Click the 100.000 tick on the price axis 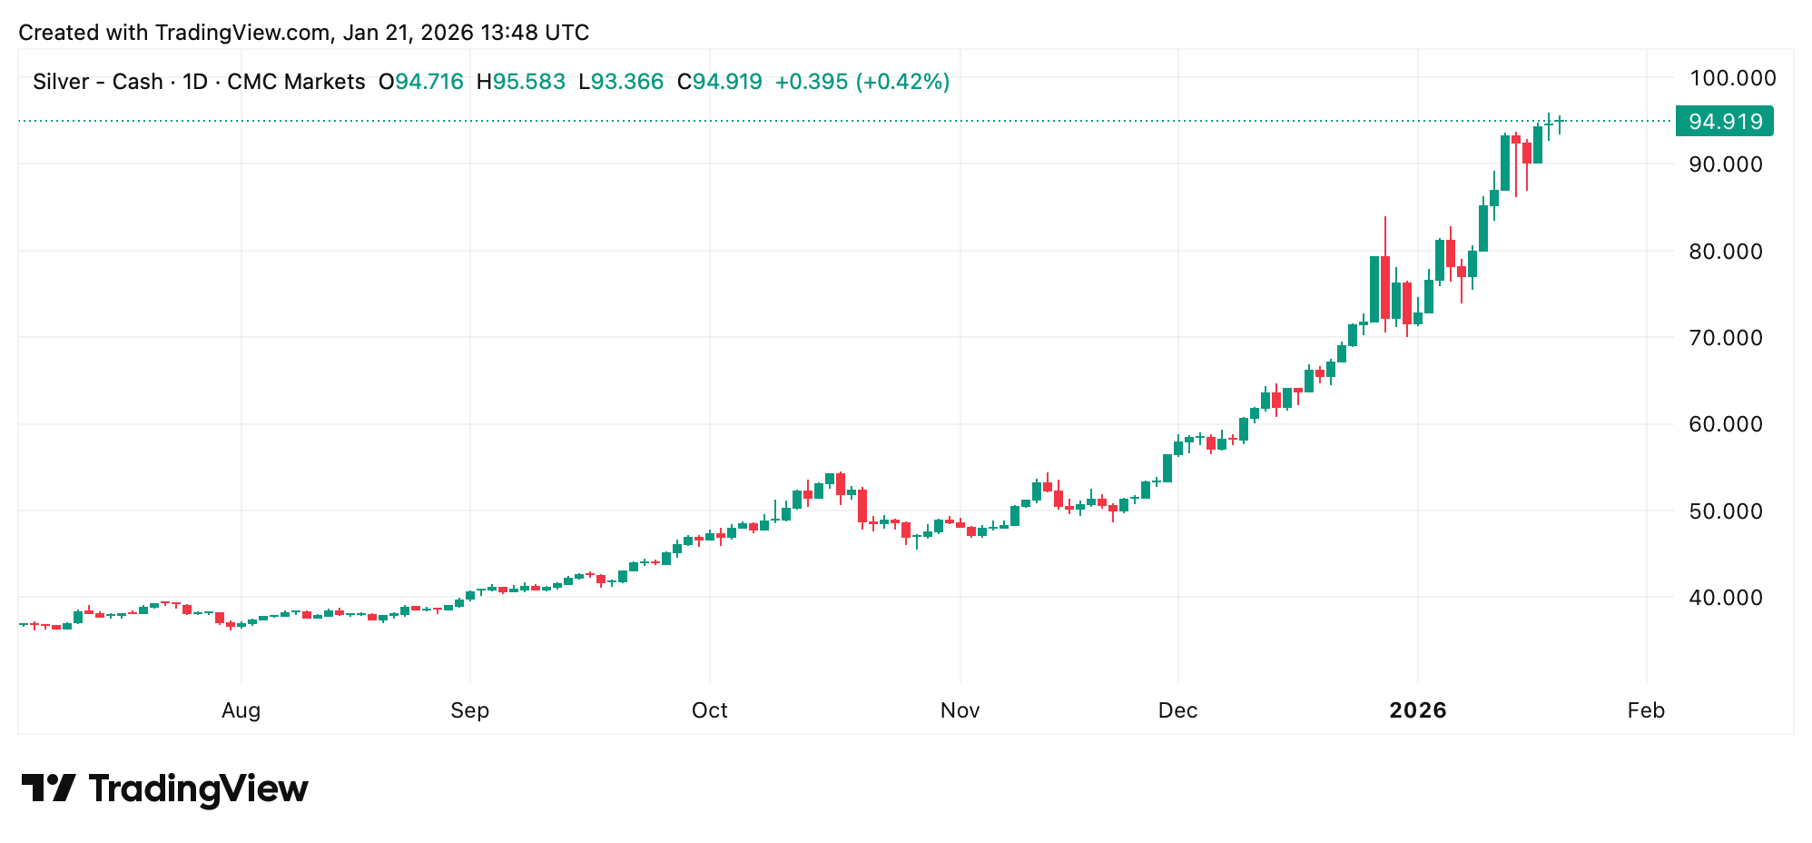[1731, 78]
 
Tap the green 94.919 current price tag [1724, 121]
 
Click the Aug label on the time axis [241, 710]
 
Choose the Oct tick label [709, 710]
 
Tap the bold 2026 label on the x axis [1418, 710]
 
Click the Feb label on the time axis [1646, 710]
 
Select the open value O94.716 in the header [421, 82]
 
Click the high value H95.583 [521, 82]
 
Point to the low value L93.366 [622, 82]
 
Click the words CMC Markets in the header [296, 82]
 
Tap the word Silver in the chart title [61, 82]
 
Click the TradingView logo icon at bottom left [48, 788]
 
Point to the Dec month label [1177, 710]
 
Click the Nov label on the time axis [960, 710]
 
